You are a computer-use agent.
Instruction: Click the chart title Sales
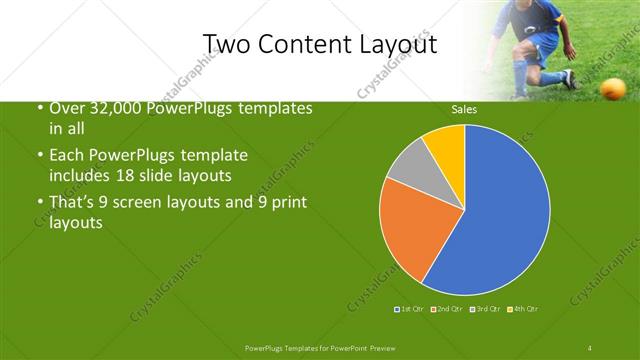click(x=464, y=108)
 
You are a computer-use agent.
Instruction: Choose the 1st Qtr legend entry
click(x=409, y=309)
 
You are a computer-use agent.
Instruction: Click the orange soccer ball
click(x=611, y=88)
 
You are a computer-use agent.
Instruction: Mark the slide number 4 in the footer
click(x=591, y=347)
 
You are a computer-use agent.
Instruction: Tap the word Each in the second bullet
click(x=67, y=155)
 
